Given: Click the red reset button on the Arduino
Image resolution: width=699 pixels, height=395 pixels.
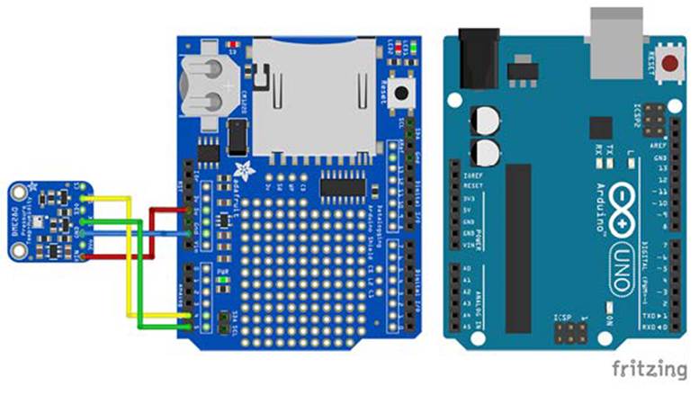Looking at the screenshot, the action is (669, 64).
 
